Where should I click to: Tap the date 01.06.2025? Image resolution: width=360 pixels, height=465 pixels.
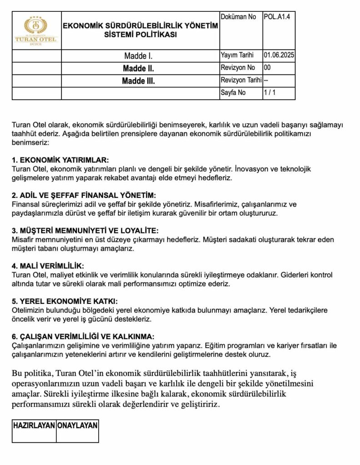point(279,56)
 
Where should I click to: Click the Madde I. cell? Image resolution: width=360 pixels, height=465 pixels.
point(139,56)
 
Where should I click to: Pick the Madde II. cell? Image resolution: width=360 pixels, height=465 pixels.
point(139,69)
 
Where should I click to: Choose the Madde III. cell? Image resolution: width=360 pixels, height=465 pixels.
point(139,81)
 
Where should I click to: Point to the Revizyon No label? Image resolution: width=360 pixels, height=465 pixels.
point(238,68)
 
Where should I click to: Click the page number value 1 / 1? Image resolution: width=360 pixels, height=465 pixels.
point(270,93)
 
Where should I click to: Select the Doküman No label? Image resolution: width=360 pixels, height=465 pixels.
point(238,17)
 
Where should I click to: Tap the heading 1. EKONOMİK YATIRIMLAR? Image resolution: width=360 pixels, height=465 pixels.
point(60,160)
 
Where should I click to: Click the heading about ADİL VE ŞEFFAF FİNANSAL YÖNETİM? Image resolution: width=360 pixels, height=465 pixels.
point(84,195)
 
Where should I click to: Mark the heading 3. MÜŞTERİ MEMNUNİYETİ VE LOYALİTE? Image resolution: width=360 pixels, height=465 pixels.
point(85,231)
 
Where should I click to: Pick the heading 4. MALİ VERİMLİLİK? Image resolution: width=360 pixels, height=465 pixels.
point(48,266)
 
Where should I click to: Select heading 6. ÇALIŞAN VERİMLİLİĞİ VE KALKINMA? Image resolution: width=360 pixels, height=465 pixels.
point(83,337)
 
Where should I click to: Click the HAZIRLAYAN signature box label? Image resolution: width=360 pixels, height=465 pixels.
point(34,425)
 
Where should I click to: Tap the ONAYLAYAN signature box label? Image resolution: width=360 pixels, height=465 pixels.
point(77,425)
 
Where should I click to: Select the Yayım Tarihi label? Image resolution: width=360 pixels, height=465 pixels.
point(236,56)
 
